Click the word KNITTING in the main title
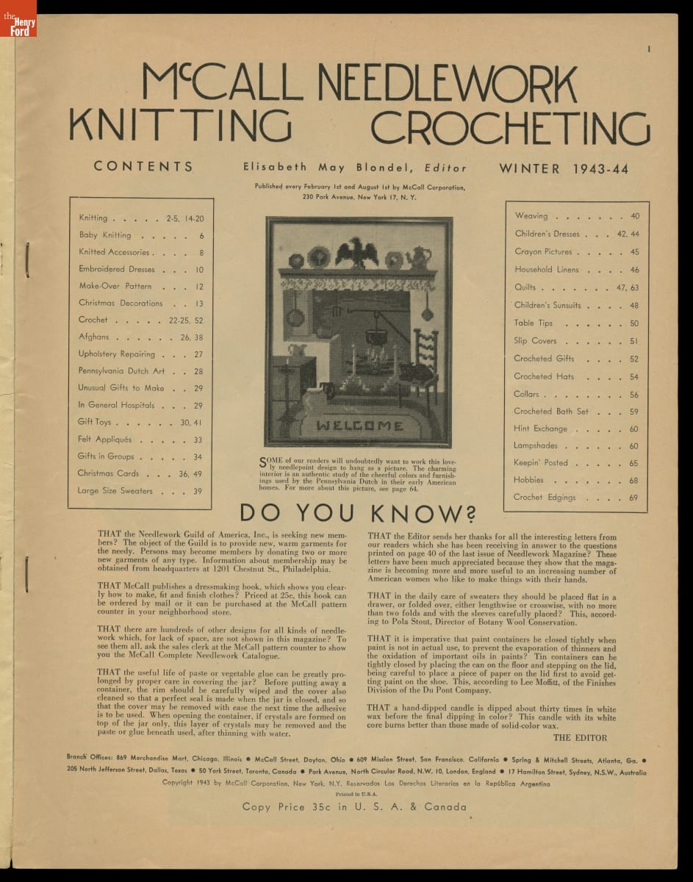point(180,126)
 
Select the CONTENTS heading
point(144,167)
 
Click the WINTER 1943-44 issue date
point(564,168)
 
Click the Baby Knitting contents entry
point(105,236)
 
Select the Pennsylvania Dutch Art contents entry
point(121,371)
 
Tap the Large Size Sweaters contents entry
point(115,491)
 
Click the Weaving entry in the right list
point(531,216)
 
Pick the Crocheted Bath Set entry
point(551,412)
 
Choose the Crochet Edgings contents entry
point(545,498)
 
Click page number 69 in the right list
point(633,498)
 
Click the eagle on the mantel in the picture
point(356,252)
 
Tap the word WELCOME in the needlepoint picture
point(359,426)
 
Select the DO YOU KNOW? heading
point(357,513)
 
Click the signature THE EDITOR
point(580,737)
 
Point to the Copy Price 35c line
point(354,807)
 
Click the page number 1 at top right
point(650,49)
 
